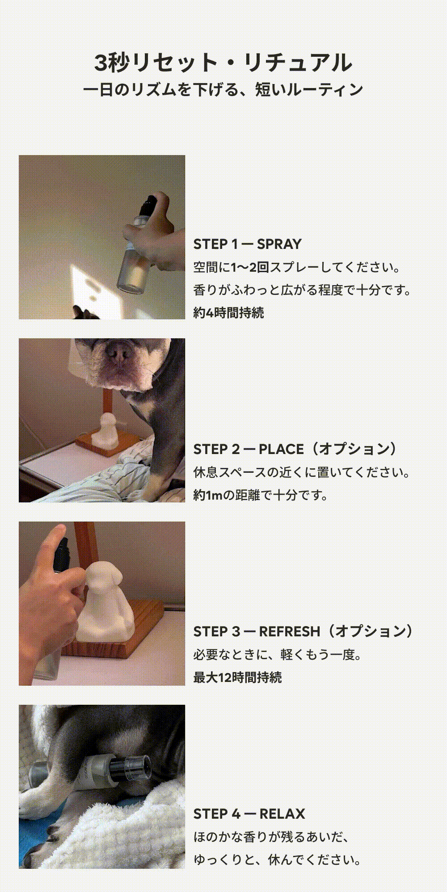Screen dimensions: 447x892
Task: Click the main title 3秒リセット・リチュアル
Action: pyautogui.click(x=223, y=63)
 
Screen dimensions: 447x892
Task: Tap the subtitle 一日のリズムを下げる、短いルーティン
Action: pyautogui.click(x=223, y=90)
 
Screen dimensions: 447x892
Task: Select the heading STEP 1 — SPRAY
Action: pyautogui.click(x=248, y=244)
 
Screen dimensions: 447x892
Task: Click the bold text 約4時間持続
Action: pyautogui.click(x=228, y=312)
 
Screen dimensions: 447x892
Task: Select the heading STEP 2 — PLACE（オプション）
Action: pyautogui.click(x=295, y=449)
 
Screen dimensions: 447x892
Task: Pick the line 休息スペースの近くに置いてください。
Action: pyautogui.click(x=302, y=472)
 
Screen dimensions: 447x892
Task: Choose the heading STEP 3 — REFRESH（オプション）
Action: pyautogui.click(x=303, y=631)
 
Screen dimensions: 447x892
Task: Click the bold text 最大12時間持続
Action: pyautogui.click(x=238, y=677)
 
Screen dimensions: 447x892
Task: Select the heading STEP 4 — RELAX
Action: pyautogui.click(x=249, y=814)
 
